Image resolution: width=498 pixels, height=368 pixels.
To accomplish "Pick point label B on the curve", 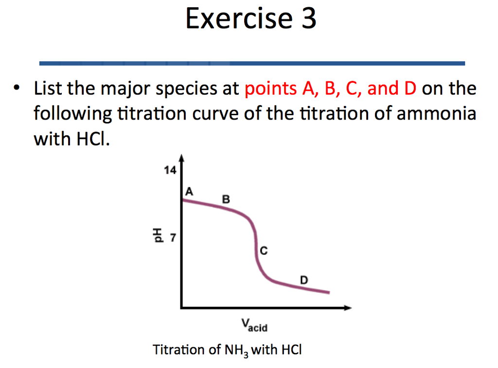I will click(x=226, y=199).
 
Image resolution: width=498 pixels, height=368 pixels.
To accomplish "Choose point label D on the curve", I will click(x=303, y=280).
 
